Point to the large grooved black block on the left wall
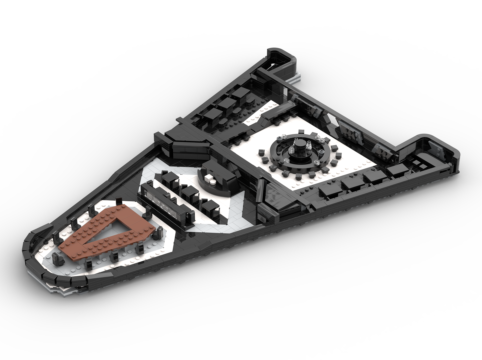(187, 149)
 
